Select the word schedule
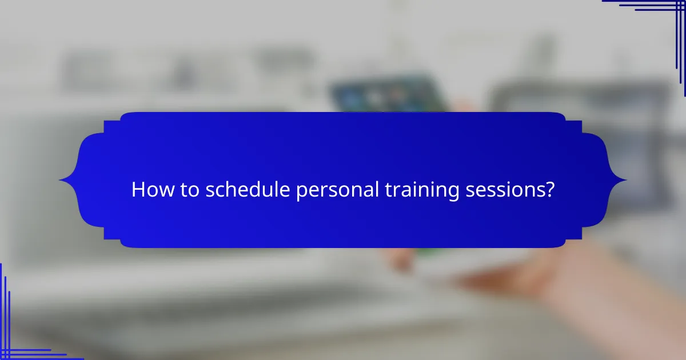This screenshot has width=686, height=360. click(247, 190)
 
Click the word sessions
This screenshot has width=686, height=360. click(505, 190)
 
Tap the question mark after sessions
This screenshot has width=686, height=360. click(549, 190)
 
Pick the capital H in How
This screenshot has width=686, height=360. click(138, 190)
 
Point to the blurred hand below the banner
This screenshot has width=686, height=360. click(514, 274)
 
